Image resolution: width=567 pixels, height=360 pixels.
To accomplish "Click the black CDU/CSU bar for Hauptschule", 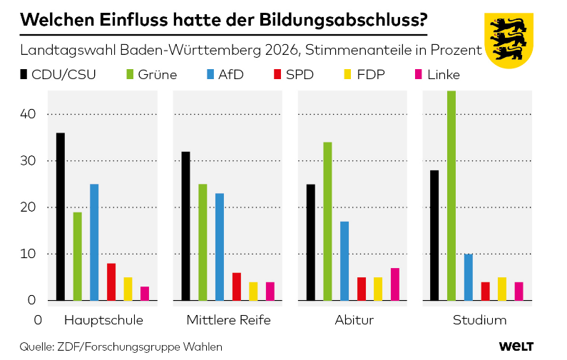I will click(61, 217).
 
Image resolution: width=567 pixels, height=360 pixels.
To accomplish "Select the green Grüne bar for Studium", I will click(451, 195).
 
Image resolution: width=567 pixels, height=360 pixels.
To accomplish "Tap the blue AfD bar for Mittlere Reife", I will click(220, 247).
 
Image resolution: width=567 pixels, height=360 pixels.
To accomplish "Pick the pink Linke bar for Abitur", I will click(395, 284).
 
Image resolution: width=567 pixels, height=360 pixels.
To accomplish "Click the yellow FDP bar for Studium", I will click(502, 289).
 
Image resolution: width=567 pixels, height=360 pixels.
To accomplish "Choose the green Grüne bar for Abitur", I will click(327, 221).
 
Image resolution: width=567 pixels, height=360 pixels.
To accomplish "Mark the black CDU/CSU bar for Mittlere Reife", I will click(185, 226).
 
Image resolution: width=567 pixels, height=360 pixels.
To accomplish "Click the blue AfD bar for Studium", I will click(469, 277).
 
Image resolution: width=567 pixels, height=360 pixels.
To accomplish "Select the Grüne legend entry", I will click(150, 74).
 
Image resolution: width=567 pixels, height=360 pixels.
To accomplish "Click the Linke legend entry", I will click(436, 74).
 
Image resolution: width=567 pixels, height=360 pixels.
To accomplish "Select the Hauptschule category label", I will click(103, 320).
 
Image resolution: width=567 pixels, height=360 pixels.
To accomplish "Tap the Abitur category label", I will click(354, 320).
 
